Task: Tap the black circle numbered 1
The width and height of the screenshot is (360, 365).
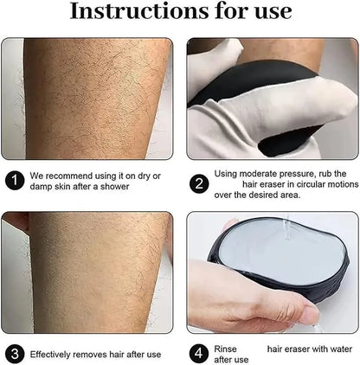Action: pos(15,180)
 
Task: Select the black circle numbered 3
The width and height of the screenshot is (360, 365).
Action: pos(15,354)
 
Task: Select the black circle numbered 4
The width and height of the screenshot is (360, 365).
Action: pos(198,354)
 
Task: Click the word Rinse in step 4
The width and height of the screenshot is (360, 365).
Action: pos(225,348)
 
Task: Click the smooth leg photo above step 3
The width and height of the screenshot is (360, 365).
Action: pos(91,272)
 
